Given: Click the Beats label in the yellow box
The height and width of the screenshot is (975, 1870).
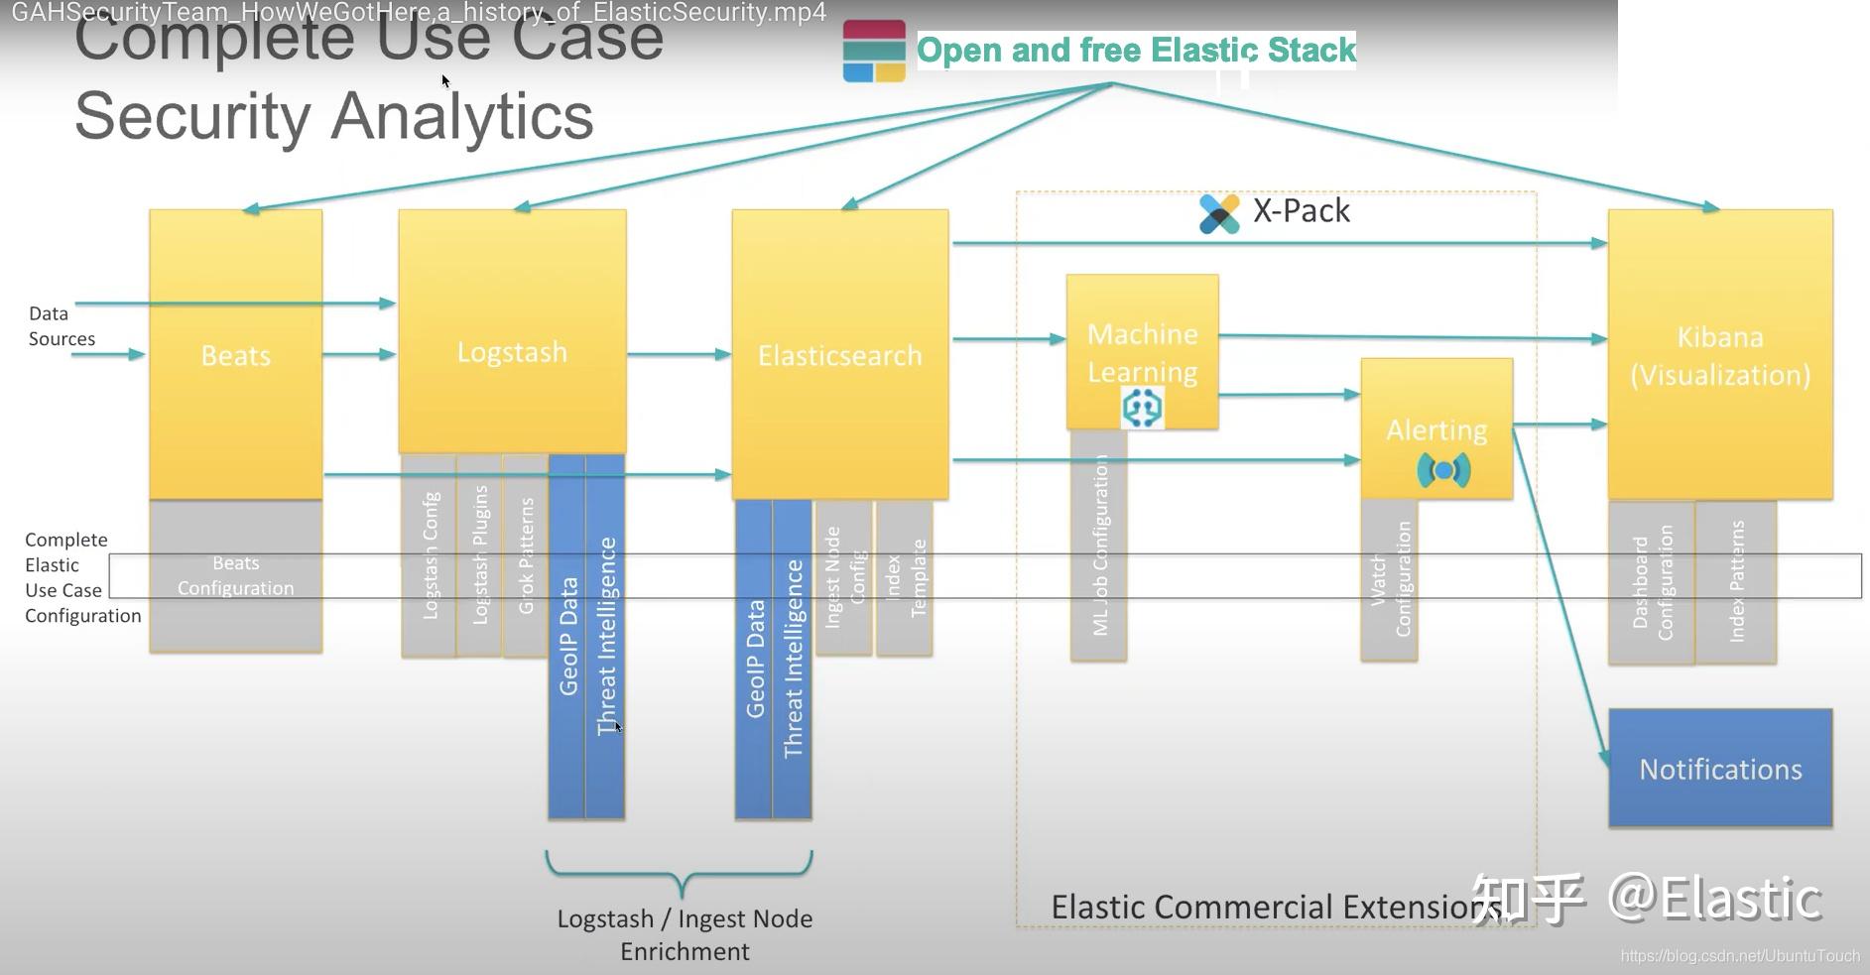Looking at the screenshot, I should [235, 355].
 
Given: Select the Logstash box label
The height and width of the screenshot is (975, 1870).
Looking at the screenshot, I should [512, 352].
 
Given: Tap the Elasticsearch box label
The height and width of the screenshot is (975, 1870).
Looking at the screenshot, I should [839, 355].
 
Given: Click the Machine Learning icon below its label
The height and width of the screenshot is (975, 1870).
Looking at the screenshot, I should [1142, 408].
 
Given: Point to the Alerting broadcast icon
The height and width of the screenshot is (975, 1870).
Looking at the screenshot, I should [1443, 470].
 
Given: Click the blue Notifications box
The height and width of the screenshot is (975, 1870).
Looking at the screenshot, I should [1720, 769].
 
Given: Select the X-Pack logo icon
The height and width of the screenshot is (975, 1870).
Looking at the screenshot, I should [1219, 213].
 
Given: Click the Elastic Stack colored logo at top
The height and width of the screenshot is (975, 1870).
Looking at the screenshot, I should [874, 52].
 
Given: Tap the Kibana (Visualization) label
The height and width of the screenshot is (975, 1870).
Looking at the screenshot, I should [1720, 356].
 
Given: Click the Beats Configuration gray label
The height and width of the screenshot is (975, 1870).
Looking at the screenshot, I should [235, 575].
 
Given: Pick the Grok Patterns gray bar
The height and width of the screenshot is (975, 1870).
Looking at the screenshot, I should [526, 555].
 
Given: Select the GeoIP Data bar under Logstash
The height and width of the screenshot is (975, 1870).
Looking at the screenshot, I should [567, 635].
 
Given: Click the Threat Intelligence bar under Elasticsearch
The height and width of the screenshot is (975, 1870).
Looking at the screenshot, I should [793, 659].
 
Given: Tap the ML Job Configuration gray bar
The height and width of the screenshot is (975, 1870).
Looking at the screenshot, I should [1099, 546].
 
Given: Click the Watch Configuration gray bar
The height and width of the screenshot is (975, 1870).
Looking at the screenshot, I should [1389, 580].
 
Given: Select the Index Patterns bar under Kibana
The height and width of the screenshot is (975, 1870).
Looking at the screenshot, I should [1736, 581].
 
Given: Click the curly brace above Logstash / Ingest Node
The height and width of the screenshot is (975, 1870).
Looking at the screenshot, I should [681, 873].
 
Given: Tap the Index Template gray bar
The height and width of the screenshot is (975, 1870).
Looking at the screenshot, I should [905, 578].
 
